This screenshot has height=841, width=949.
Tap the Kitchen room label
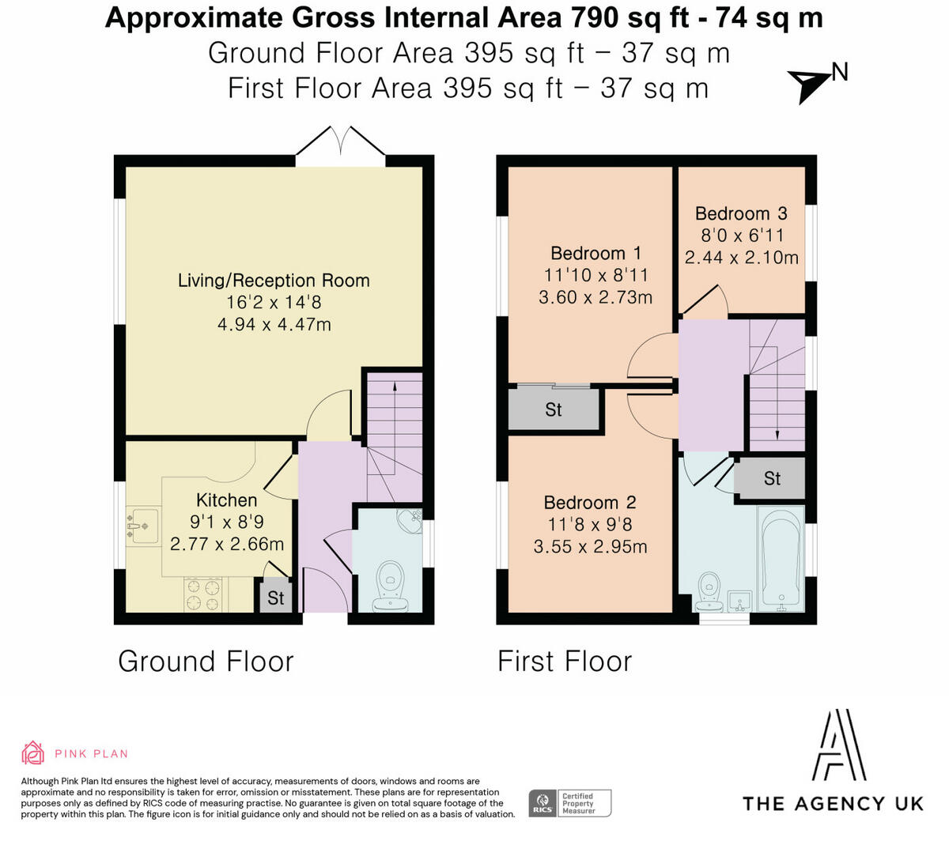pos(227,500)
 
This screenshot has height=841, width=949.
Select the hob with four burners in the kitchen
pos(203,594)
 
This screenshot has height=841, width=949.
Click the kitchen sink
pos(142,526)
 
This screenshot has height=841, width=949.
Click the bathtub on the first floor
pos(781,559)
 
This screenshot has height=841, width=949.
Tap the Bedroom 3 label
pos(741,213)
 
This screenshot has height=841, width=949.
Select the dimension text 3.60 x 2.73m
pos(595,297)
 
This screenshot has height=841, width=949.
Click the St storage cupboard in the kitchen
pos(275,597)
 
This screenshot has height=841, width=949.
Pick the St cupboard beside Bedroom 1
pos(554,409)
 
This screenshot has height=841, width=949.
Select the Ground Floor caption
pos(206,662)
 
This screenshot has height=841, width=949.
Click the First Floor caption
pos(565,662)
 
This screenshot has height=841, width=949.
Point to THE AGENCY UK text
pos(833,804)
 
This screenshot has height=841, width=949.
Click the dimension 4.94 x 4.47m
pos(274,325)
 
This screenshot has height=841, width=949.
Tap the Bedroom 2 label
pos(590,503)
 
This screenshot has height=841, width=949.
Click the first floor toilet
pos(709,592)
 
